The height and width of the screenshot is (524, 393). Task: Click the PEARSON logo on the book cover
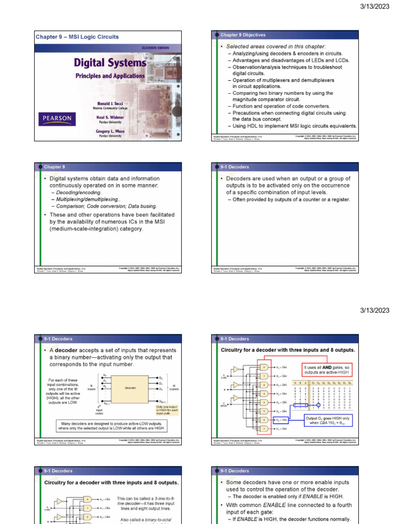click(x=57, y=120)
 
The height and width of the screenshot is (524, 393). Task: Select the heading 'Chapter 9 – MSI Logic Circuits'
click(x=77, y=37)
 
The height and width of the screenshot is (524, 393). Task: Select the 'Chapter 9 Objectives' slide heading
click(x=243, y=35)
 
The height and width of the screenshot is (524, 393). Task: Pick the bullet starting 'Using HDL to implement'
click(x=294, y=126)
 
